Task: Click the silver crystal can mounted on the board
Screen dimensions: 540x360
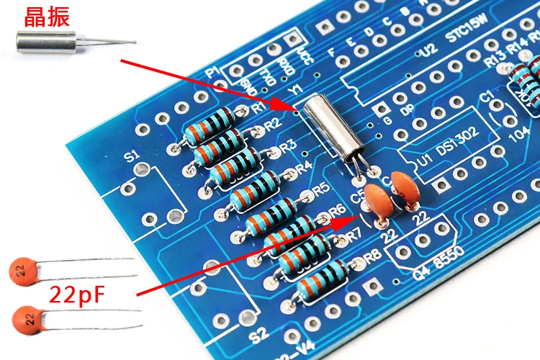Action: click(333, 129)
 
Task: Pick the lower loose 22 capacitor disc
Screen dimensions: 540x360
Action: click(27, 317)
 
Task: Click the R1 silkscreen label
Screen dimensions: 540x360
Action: click(259, 109)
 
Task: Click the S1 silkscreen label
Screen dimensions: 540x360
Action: click(132, 156)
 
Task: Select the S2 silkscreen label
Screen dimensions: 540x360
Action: click(256, 335)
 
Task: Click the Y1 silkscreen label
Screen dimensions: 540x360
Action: click(295, 90)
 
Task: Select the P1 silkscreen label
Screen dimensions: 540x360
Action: click(212, 73)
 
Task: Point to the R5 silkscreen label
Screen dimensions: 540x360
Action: click(320, 190)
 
